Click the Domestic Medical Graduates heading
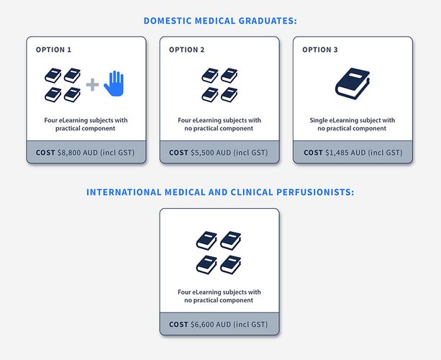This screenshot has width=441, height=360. coord(220,21)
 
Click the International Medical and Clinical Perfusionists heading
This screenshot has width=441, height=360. coord(220,192)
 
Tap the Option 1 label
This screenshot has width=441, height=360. coord(53,50)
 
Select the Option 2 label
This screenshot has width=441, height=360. coord(187,50)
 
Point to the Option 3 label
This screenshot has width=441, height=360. coord(320,50)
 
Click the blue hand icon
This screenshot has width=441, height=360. coord(114,84)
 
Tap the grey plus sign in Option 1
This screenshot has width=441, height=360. coord(92,84)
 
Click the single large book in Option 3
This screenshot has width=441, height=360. coord(353,84)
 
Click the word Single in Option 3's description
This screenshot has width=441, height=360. coord(319,120)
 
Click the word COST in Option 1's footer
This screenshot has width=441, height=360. coord(45,153)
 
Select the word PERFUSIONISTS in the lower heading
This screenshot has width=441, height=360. coord(315,192)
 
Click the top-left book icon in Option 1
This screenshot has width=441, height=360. coord(53,76)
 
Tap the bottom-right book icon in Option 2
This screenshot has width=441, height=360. coord(229,94)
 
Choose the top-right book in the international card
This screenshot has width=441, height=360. coord(231,240)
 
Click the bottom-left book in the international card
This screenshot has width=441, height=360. coord(206,264)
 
